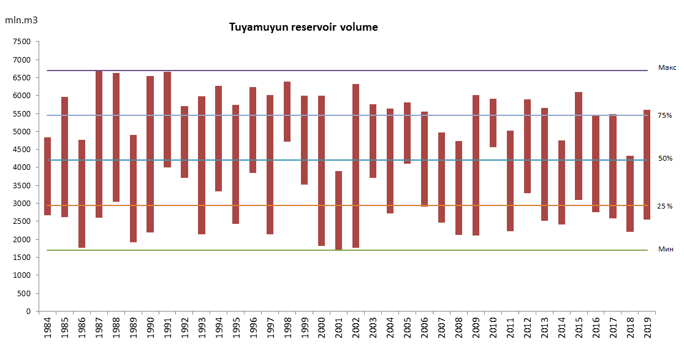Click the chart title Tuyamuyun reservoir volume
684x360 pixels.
303,28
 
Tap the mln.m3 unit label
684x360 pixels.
21,20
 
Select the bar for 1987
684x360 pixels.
99,144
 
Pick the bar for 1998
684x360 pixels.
287,112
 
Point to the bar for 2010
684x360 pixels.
492,123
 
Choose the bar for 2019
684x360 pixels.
647,164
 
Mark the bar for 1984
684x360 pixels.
47,177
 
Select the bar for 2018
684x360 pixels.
629,194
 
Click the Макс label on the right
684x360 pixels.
667,67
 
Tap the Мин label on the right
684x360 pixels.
666,249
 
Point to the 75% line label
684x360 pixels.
665,115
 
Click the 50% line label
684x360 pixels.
665,158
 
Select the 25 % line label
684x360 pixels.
665,206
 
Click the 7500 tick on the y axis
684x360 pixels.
21,42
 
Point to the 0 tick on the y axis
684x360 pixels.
28,312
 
